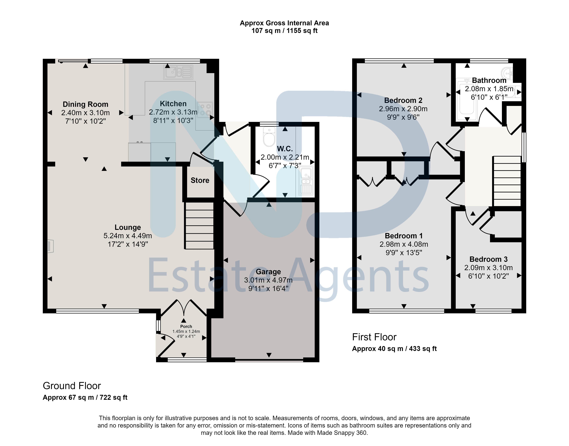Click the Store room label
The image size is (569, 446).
(200, 180)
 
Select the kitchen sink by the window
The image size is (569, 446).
(178, 72)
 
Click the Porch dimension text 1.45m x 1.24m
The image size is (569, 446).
(186, 331)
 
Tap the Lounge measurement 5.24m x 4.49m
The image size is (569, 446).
(128, 236)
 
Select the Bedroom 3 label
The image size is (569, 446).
(488, 259)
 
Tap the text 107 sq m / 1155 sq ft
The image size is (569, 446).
(284, 31)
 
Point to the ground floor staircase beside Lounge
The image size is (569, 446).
(199, 226)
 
